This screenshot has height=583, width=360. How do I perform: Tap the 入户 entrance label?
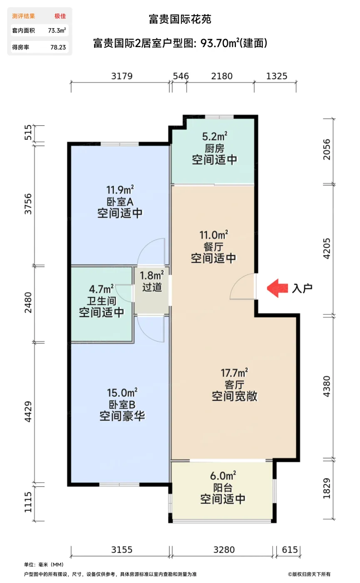302,288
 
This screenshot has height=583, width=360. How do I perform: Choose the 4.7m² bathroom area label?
102,289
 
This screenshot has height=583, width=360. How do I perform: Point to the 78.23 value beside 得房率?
58,47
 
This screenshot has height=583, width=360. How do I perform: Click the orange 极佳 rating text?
60,16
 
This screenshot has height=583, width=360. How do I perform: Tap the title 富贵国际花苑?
180,20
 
